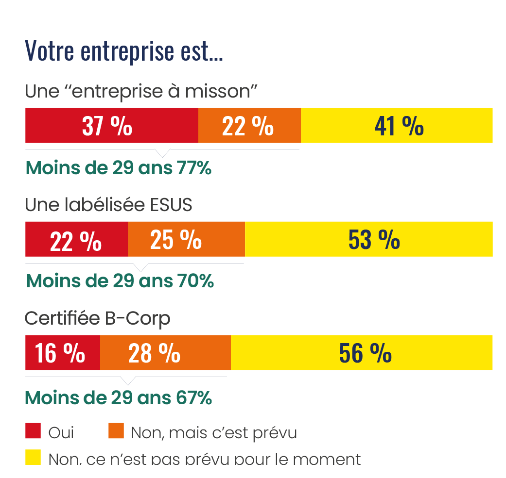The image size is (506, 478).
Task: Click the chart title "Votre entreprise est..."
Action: click(123, 50)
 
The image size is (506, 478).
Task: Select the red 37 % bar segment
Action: click(111, 126)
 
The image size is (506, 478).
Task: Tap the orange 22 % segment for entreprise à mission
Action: click(249, 126)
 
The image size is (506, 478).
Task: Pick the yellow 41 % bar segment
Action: click(397, 126)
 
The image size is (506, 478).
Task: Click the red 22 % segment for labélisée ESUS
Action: click(76, 239)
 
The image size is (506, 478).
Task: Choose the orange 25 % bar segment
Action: click(186, 239)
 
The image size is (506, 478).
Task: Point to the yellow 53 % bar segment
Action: click(368, 239)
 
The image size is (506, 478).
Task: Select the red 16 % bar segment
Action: click(62, 353)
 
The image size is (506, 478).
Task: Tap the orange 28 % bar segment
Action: click(165, 353)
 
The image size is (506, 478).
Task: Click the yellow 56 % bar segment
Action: click(362, 353)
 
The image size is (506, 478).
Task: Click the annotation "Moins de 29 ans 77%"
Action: click(118, 168)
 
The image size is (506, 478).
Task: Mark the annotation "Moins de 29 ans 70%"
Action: click(120, 281)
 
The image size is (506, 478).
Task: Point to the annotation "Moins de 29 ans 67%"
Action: click(118, 398)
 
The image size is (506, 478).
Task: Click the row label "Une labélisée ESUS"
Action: click(108, 205)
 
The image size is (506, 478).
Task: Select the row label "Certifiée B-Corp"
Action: click(97, 318)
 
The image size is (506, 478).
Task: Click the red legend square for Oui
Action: click(33, 431)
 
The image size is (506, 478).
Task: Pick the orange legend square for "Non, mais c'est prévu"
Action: click(116, 431)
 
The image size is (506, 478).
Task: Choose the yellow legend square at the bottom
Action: click(33, 458)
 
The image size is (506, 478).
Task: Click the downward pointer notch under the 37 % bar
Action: click(162, 153)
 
